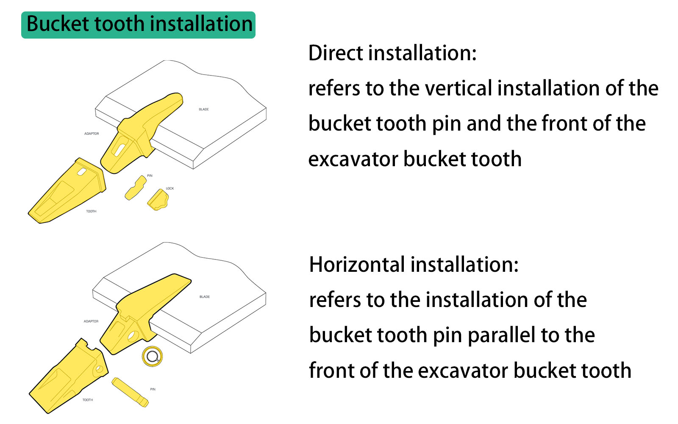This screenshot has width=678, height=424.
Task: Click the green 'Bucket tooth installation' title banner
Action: pos(138,25)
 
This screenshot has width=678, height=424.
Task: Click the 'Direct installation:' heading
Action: pos(392,53)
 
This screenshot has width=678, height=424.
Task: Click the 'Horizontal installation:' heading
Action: pos(414,265)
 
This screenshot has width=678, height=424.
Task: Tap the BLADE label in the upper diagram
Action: pos(204,109)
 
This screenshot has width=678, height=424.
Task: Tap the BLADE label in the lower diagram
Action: pos(205,297)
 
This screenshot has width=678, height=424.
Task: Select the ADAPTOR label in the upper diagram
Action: pos(92,134)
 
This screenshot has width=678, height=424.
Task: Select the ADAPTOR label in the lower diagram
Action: pos(91,321)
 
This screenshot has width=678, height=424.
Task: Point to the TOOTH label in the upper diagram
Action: pos(91,211)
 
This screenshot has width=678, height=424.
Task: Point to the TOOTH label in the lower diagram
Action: pos(88,400)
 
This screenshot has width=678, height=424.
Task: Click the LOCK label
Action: pos(170,188)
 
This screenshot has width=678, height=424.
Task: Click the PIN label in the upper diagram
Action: pos(150,176)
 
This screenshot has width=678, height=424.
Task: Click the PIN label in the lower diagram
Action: pos(153,389)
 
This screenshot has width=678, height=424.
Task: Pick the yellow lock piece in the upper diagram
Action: pos(158,200)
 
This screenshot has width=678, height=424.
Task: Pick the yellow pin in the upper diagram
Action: pos(135,188)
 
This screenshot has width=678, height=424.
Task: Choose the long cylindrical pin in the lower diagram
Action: pos(130,392)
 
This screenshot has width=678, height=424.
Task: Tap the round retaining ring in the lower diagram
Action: pos(152,357)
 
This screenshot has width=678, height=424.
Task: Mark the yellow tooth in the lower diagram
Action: pos(68,377)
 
